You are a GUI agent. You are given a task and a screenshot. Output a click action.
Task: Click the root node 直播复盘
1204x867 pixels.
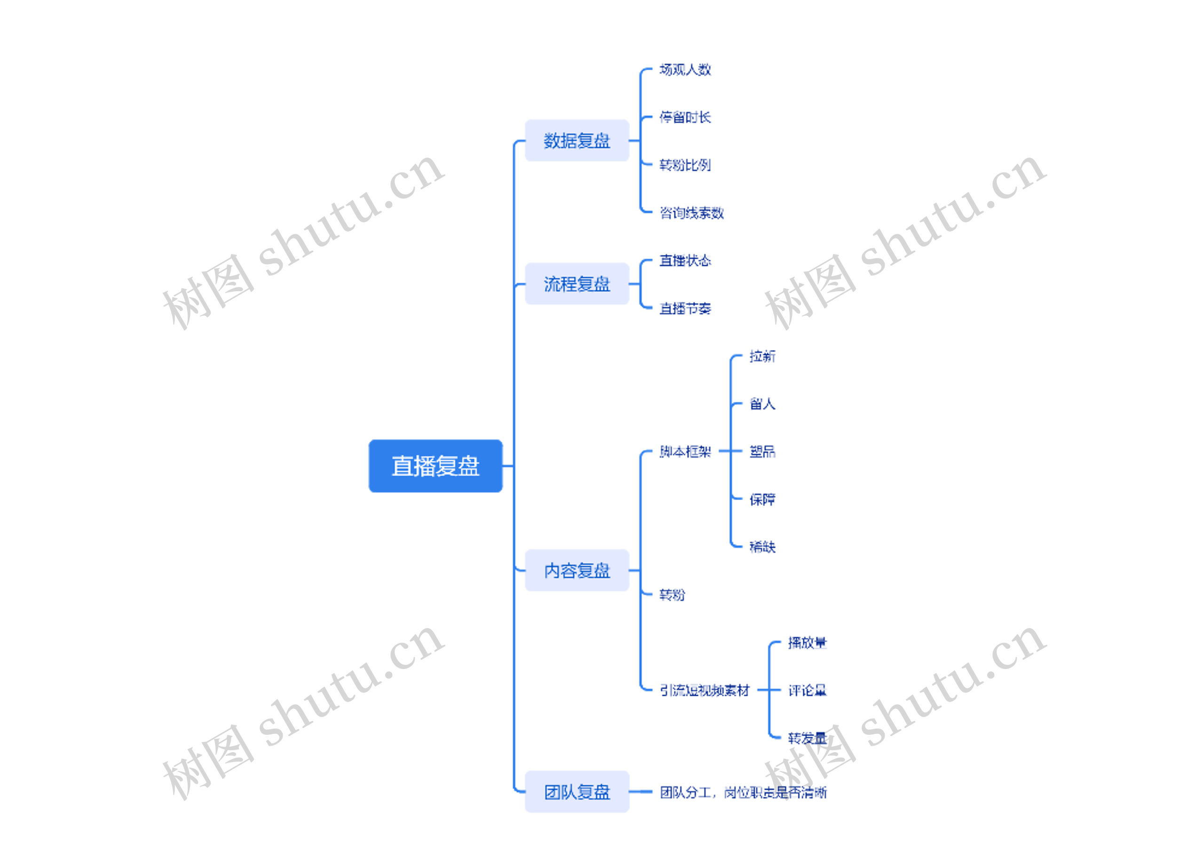click(x=436, y=466)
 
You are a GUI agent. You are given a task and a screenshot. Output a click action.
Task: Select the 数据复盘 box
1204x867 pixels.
click(x=577, y=141)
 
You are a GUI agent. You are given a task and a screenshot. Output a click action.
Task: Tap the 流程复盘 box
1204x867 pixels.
click(x=577, y=284)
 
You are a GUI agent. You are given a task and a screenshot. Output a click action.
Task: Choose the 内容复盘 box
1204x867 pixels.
click(x=577, y=571)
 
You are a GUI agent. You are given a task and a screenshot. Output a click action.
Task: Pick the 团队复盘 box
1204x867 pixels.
click(x=577, y=792)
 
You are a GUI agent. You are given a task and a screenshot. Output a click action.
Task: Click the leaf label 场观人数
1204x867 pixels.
click(x=685, y=70)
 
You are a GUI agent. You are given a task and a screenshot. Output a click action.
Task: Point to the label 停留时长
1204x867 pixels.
click(x=685, y=117)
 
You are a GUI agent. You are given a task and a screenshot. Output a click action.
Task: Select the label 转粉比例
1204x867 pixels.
click(x=685, y=165)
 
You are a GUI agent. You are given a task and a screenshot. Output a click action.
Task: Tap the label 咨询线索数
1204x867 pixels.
click(x=691, y=213)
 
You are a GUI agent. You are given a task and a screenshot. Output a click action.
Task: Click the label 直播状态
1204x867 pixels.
click(x=685, y=261)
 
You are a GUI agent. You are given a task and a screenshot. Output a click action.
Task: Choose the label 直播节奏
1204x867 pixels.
click(x=685, y=309)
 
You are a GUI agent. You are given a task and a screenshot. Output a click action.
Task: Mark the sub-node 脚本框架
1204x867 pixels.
click(x=685, y=452)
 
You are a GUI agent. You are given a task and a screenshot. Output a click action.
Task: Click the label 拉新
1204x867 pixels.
click(x=762, y=356)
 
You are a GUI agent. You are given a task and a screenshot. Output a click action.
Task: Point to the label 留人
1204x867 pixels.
click(x=762, y=404)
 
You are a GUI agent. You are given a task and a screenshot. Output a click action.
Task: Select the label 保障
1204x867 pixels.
click(x=762, y=500)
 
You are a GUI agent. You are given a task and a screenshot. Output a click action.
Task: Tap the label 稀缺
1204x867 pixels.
click(x=762, y=548)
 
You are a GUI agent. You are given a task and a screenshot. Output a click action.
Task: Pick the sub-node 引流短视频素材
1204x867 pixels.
click(x=704, y=690)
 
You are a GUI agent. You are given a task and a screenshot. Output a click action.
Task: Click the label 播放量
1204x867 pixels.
click(x=807, y=643)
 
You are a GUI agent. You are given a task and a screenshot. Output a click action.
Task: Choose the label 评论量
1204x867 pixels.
click(x=807, y=690)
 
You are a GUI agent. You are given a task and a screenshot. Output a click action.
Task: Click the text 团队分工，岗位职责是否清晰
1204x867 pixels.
click(x=743, y=793)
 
